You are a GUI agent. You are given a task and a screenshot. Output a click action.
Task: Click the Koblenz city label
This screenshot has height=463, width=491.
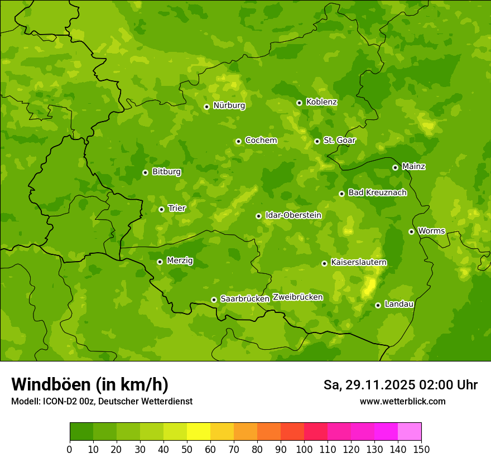[x=321, y=102]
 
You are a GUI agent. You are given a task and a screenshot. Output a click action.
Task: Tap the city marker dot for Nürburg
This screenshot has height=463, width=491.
[x=206, y=107]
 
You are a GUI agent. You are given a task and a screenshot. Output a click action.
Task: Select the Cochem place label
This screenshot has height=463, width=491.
[x=261, y=141]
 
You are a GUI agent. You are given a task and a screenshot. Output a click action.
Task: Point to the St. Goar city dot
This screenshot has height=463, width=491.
[x=317, y=141]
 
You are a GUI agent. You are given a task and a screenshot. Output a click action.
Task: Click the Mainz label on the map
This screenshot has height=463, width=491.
[x=413, y=167]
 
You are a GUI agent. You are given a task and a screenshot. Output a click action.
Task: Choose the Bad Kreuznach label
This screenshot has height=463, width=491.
[x=377, y=193]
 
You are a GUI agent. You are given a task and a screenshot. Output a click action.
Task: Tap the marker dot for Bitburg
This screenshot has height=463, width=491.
[x=145, y=172]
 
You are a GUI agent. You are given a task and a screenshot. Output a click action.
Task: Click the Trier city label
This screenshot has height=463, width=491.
[x=177, y=209]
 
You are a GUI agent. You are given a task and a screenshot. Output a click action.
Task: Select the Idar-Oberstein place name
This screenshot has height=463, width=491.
[x=293, y=215]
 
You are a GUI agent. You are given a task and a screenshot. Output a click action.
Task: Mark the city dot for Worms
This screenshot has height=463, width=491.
[x=411, y=231]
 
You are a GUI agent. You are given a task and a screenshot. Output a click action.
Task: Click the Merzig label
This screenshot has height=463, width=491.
[x=180, y=261]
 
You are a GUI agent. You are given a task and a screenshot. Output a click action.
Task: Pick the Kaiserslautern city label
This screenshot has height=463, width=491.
[x=359, y=263]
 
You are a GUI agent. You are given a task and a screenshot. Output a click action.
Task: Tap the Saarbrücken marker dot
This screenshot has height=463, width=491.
[x=214, y=300]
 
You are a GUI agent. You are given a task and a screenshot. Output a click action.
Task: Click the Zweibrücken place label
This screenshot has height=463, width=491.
[x=298, y=297]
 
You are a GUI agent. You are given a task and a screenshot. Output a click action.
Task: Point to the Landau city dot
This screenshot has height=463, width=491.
[x=378, y=305]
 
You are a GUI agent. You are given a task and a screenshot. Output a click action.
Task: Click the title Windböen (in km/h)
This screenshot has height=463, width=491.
[x=90, y=385]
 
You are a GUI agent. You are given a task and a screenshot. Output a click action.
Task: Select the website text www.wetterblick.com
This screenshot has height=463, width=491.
[x=402, y=402]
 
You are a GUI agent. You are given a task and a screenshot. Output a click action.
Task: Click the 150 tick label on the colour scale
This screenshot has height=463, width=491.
[x=421, y=449]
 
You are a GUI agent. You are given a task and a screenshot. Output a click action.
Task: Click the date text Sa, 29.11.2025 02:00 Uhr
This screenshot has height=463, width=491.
[x=400, y=385]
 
